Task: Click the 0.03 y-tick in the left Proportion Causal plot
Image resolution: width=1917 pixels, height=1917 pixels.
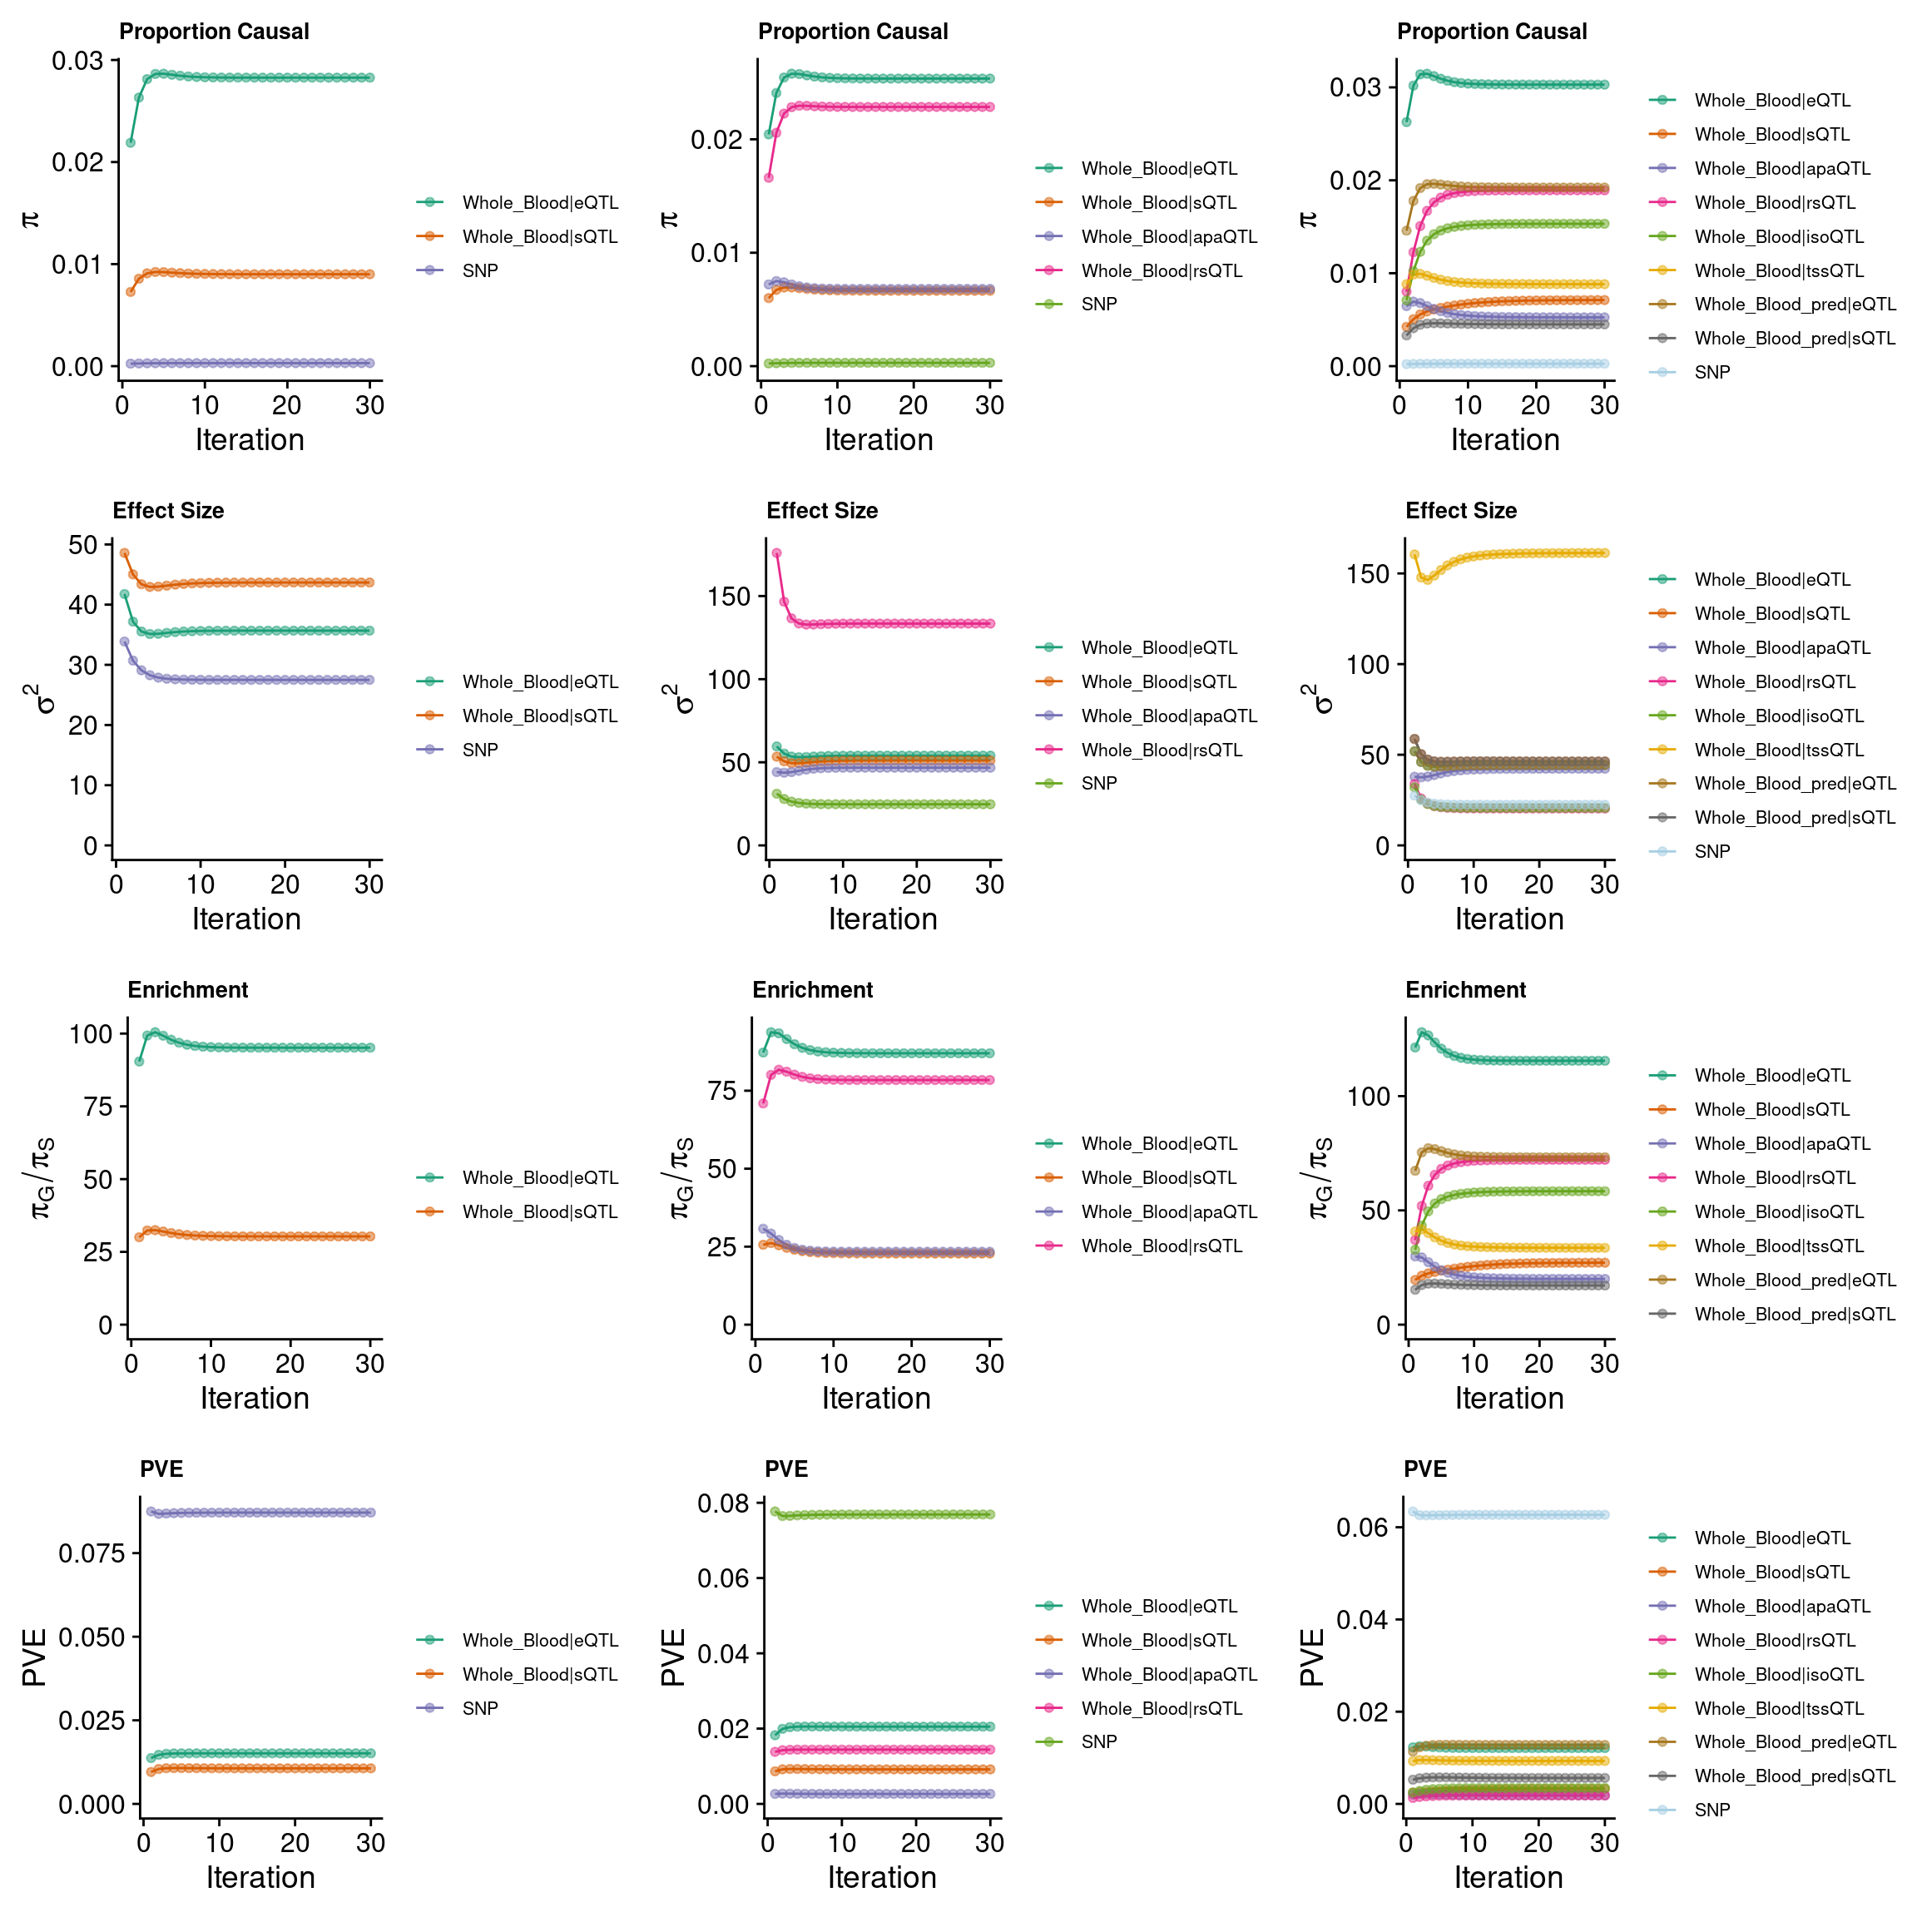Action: [77, 62]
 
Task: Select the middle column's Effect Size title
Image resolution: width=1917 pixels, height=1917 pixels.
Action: [821, 511]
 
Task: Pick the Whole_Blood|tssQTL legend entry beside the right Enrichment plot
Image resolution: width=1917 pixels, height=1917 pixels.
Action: [1778, 1246]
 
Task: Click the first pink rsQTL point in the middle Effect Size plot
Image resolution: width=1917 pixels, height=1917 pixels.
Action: [777, 552]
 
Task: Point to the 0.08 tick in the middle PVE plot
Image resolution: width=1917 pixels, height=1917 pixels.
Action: [723, 1503]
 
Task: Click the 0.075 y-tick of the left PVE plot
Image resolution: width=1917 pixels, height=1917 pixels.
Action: [93, 1553]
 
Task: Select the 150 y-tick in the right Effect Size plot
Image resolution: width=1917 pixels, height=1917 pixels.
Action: [1367, 574]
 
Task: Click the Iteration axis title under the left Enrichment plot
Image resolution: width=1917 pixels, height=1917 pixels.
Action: [255, 1398]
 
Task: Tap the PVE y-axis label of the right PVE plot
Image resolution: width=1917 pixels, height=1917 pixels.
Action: [1312, 1657]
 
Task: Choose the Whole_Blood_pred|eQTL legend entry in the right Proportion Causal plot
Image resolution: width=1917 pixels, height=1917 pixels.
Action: [1794, 305]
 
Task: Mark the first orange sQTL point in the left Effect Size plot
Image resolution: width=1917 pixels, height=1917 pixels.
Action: [124, 553]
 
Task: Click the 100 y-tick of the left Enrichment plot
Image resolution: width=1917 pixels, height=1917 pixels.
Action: [92, 1034]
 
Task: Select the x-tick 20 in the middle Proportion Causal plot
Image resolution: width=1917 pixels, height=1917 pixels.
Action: [913, 405]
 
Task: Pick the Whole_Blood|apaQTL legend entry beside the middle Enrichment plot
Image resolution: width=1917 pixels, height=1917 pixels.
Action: [1168, 1211]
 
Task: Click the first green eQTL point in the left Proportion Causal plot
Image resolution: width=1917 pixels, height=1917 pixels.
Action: [130, 143]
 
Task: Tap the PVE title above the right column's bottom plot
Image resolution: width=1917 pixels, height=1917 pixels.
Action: [1424, 1469]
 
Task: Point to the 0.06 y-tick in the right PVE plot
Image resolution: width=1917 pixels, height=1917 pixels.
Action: [1361, 1527]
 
